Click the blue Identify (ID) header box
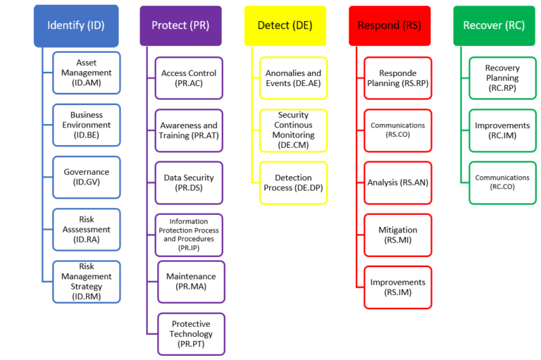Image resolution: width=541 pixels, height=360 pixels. point(75,26)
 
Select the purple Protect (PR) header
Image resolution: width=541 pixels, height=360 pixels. point(180,26)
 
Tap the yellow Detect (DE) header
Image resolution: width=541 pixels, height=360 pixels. point(285,26)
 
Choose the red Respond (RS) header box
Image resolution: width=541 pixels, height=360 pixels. point(390,26)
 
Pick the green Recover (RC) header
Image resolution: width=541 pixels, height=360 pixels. point(494,26)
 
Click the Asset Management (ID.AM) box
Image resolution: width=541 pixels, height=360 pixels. point(87,73)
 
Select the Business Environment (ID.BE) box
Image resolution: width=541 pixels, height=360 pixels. point(87,125)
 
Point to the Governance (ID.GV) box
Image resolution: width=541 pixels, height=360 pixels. point(87,177)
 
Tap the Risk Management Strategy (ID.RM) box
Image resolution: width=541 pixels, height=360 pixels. point(87,282)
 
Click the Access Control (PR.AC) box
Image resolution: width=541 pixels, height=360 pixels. point(189,78)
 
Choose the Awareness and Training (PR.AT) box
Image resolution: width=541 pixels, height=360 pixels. point(189,130)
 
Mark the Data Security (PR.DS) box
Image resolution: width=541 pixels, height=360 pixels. point(189,182)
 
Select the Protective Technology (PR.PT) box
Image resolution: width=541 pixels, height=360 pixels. point(191,334)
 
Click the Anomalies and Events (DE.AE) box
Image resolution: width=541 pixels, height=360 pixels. point(293,78)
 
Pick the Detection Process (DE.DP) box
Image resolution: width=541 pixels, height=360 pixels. point(293,183)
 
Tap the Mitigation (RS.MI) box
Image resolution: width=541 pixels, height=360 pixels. point(398,235)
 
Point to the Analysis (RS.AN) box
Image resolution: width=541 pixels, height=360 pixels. point(398,182)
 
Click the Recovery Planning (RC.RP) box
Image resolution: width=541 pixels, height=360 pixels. point(502,78)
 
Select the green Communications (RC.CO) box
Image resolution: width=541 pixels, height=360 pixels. point(502,182)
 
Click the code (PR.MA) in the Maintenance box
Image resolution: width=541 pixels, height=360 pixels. point(191,287)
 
